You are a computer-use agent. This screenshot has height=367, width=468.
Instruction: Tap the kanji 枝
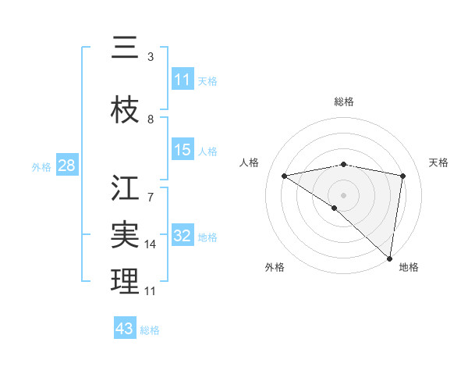click(126, 112)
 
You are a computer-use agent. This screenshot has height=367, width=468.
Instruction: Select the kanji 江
click(126, 188)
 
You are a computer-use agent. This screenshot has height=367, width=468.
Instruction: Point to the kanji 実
click(126, 233)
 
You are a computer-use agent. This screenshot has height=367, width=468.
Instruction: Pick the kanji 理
click(126, 282)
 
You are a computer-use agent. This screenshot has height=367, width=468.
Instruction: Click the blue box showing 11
click(183, 80)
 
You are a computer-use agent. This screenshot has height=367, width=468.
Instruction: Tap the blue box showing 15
click(183, 150)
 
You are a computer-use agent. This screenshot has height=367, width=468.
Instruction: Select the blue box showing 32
click(183, 236)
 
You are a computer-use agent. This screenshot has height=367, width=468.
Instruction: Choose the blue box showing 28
click(66, 166)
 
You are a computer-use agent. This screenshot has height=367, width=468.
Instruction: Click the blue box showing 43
click(125, 329)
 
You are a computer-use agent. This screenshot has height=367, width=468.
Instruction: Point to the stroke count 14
click(151, 244)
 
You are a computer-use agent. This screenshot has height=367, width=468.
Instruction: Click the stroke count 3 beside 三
click(151, 57)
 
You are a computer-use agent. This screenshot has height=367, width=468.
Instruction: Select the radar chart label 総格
click(343, 102)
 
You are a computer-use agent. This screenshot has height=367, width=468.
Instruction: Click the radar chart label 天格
click(439, 162)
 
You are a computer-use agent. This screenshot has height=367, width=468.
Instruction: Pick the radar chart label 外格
click(275, 267)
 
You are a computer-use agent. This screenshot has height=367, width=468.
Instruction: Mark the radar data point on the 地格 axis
click(389, 258)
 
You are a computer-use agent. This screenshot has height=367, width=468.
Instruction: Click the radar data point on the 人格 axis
click(284, 176)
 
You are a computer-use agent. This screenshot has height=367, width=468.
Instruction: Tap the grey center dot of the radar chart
click(343, 194)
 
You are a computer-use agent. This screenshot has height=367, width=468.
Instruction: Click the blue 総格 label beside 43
click(150, 330)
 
